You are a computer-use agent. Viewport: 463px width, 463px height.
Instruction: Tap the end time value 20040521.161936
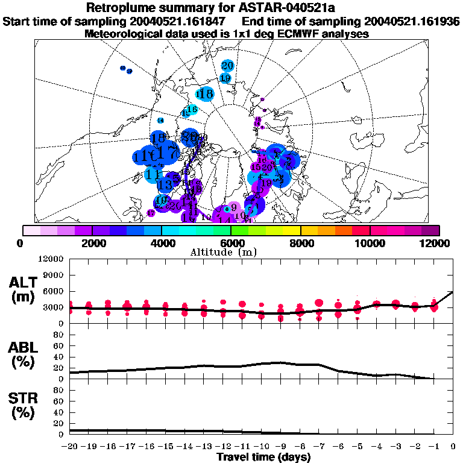click(x=409, y=21)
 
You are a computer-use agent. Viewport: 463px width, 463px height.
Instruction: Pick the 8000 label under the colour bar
click(x=300, y=243)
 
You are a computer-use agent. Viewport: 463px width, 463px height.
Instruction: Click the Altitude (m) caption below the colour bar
click(x=231, y=252)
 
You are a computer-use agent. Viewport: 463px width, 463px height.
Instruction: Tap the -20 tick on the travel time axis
click(x=70, y=447)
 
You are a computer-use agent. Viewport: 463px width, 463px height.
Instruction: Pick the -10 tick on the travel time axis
click(x=261, y=447)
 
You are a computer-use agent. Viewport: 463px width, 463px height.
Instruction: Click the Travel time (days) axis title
click(x=263, y=458)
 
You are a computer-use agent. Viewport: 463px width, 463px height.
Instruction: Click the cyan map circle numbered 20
click(x=227, y=66)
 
